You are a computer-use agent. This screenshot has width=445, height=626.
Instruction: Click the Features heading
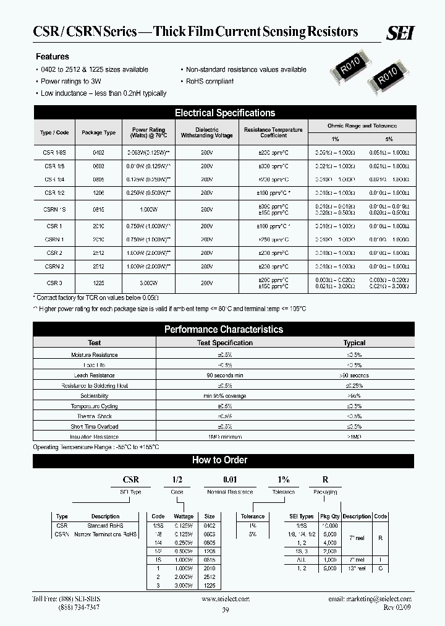click(53, 56)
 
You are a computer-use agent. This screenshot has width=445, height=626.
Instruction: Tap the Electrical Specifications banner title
click(224, 113)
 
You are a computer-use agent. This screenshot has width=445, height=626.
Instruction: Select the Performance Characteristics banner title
click(223, 330)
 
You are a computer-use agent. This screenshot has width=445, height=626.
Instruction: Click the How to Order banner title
click(220, 460)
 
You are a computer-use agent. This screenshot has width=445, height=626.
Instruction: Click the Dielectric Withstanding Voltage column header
click(206, 133)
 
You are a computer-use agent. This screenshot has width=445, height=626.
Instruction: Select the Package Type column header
click(99, 133)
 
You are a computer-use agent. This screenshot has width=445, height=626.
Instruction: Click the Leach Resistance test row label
click(94, 375)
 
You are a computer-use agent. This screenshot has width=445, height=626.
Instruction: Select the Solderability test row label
click(94, 396)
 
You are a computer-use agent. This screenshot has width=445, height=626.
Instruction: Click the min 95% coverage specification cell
click(224, 396)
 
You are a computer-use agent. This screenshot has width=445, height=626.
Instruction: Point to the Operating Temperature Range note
click(96, 447)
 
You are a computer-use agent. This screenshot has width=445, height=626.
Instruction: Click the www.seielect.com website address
click(226, 599)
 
